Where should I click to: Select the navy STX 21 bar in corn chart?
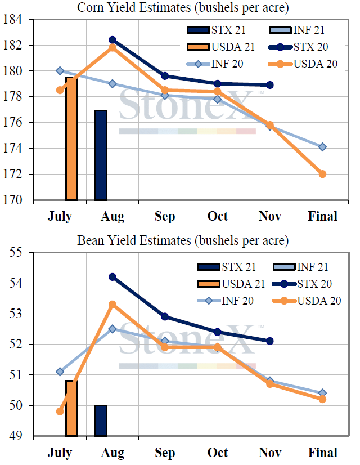tap(100, 155)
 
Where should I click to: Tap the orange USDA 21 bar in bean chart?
tap(71, 408)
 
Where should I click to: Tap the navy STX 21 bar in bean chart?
tap(100, 421)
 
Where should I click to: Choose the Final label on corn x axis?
tap(323, 216)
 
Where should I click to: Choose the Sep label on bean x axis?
tap(164, 453)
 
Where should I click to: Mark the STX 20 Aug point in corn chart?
tap(112, 40)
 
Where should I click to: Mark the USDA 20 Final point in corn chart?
tap(322, 174)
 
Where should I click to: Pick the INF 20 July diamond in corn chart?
tap(60, 70)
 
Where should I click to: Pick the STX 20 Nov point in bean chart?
tap(270, 341)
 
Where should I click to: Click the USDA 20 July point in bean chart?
tap(60, 411)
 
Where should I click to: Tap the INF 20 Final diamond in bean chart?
tap(322, 393)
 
